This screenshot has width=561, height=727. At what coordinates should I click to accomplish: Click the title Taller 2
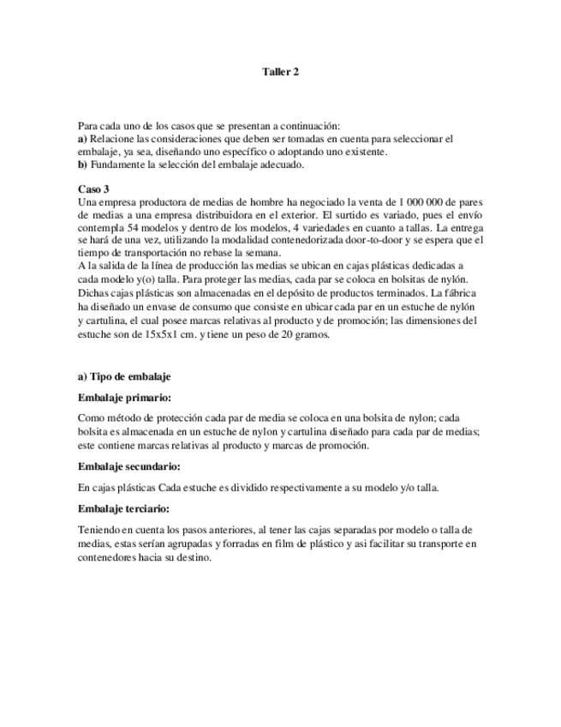click(280, 73)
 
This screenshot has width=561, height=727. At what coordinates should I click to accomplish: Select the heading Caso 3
click(93, 189)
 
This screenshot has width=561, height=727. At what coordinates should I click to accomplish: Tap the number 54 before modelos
click(140, 230)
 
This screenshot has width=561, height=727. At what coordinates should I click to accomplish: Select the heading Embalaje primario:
click(123, 398)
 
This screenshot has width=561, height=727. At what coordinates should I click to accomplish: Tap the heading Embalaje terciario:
click(125, 509)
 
